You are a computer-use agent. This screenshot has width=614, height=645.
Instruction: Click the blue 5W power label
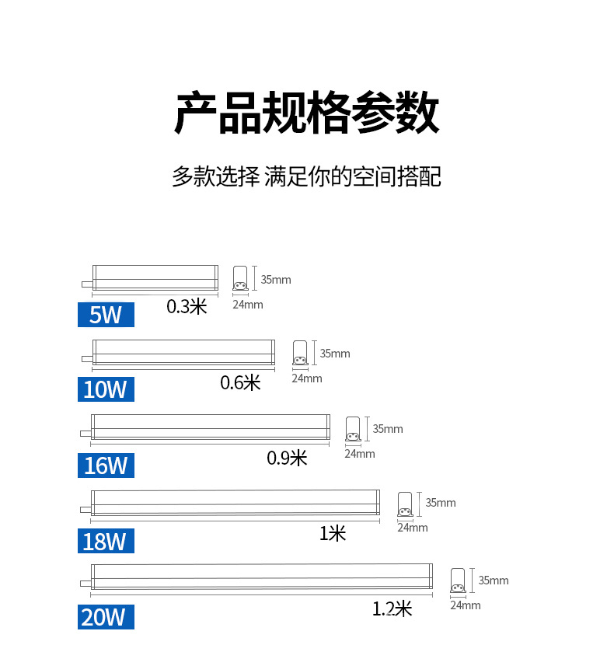pyautogui.click(x=106, y=315)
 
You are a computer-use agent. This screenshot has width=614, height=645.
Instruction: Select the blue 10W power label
pyautogui.click(x=106, y=389)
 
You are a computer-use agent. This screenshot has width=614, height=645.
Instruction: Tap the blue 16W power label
pyautogui.click(x=106, y=465)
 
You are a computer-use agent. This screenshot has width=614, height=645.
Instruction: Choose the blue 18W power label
pyautogui.click(x=106, y=540)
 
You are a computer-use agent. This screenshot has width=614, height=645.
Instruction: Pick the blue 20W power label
pyautogui.click(x=106, y=617)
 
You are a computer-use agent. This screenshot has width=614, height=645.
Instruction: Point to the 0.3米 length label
pyautogui.click(x=187, y=306)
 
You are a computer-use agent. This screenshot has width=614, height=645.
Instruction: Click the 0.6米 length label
pyautogui.click(x=240, y=382)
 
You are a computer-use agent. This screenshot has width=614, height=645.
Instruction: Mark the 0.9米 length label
pyautogui.click(x=287, y=458)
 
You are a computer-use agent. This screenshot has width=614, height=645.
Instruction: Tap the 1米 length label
pyautogui.click(x=333, y=533)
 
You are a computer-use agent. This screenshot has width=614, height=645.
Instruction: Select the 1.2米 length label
pyautogui.click(x=392, y=608)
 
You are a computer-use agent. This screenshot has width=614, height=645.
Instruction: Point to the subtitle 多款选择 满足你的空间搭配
pyautogui.click(x=306, y=176)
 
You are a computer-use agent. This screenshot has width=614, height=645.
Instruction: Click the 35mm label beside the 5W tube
pyautogui.click(x=276, y=280)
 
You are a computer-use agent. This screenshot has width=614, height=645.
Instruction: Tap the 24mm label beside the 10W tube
pyautogui.click(x=306, y=378)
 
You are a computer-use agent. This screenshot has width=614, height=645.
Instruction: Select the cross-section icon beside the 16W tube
pyautogui.click(x=353, y=429)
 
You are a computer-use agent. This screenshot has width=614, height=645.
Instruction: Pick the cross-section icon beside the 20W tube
pyautogui.click(x=459, y=581)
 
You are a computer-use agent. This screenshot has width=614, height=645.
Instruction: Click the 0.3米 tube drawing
pyautogui.click(x=154, y=278)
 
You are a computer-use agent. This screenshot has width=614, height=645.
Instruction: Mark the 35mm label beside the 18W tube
pyautogui.click(x=441, y=503)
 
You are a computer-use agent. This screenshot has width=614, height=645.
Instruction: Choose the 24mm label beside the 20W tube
pyautogui.click(x=465, y=605)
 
